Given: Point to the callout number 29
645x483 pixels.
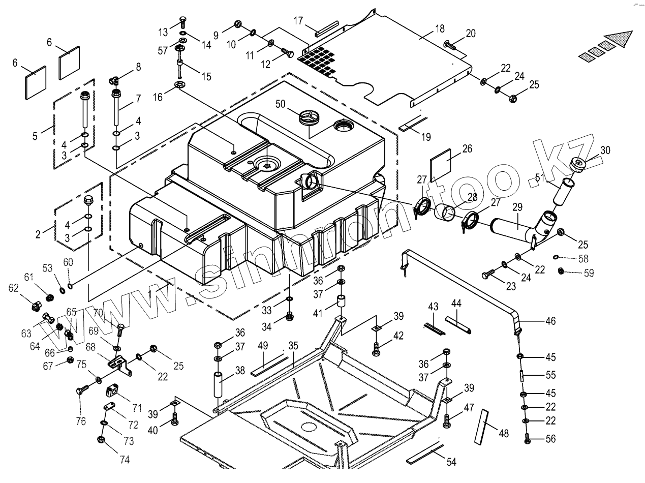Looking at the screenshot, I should (517, 207).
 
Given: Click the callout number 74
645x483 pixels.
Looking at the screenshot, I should (125, 460).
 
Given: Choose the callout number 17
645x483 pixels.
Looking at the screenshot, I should (298, 21).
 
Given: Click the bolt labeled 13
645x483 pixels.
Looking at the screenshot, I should (182, 22).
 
